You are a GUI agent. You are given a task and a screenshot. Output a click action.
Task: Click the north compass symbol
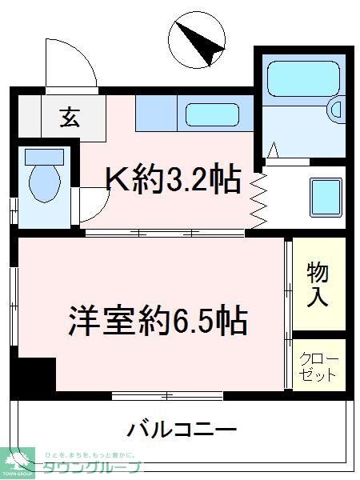click(x=197, y=41)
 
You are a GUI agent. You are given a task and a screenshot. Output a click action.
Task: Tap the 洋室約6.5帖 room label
click(x=156, y=321)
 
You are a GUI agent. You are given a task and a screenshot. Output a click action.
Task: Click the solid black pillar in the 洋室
click(x=35, y=374)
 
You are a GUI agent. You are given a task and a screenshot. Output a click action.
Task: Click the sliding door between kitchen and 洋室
click(x=164, y=233)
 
